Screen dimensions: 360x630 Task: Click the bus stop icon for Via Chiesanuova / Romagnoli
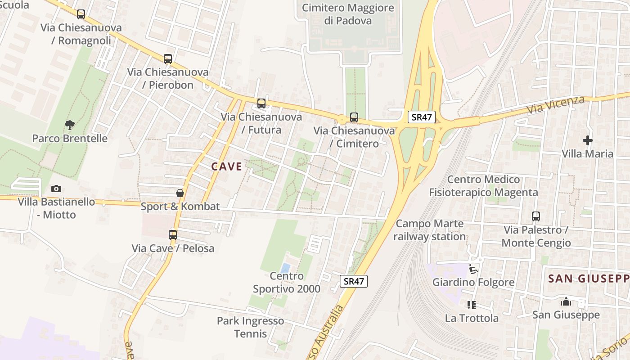coord(81,14)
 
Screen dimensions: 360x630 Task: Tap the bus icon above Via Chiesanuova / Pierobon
coord(168,59)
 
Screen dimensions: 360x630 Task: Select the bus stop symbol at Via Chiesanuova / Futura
coord(261,103)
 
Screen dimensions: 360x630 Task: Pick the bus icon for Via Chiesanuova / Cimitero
coord(354,117)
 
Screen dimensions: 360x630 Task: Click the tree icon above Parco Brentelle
coord(69,125)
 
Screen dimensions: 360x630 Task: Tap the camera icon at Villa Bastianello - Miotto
coord(56,189)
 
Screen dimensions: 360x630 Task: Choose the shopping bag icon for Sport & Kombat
coord(180,193)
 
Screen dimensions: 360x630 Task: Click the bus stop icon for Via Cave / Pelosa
coord(173,235)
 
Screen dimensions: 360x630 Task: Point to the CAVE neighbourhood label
coord(227,166)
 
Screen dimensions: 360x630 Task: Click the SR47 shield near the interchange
coord(422,117)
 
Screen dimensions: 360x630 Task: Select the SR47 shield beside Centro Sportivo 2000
coord(353,282)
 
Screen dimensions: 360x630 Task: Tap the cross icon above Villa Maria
coord(588,140)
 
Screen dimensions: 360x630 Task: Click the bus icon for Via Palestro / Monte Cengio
coord(536,216)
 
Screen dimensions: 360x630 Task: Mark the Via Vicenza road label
coord(556,104)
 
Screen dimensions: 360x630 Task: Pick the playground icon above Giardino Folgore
coord(473,269)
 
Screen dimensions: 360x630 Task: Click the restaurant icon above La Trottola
coord(472,305)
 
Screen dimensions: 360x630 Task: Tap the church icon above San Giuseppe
coord(566,301)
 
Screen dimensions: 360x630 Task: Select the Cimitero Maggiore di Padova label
coord(348,14)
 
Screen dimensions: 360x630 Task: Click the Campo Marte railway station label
coord(430,230)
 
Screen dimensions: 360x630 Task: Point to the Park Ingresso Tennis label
coord(250,327)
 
